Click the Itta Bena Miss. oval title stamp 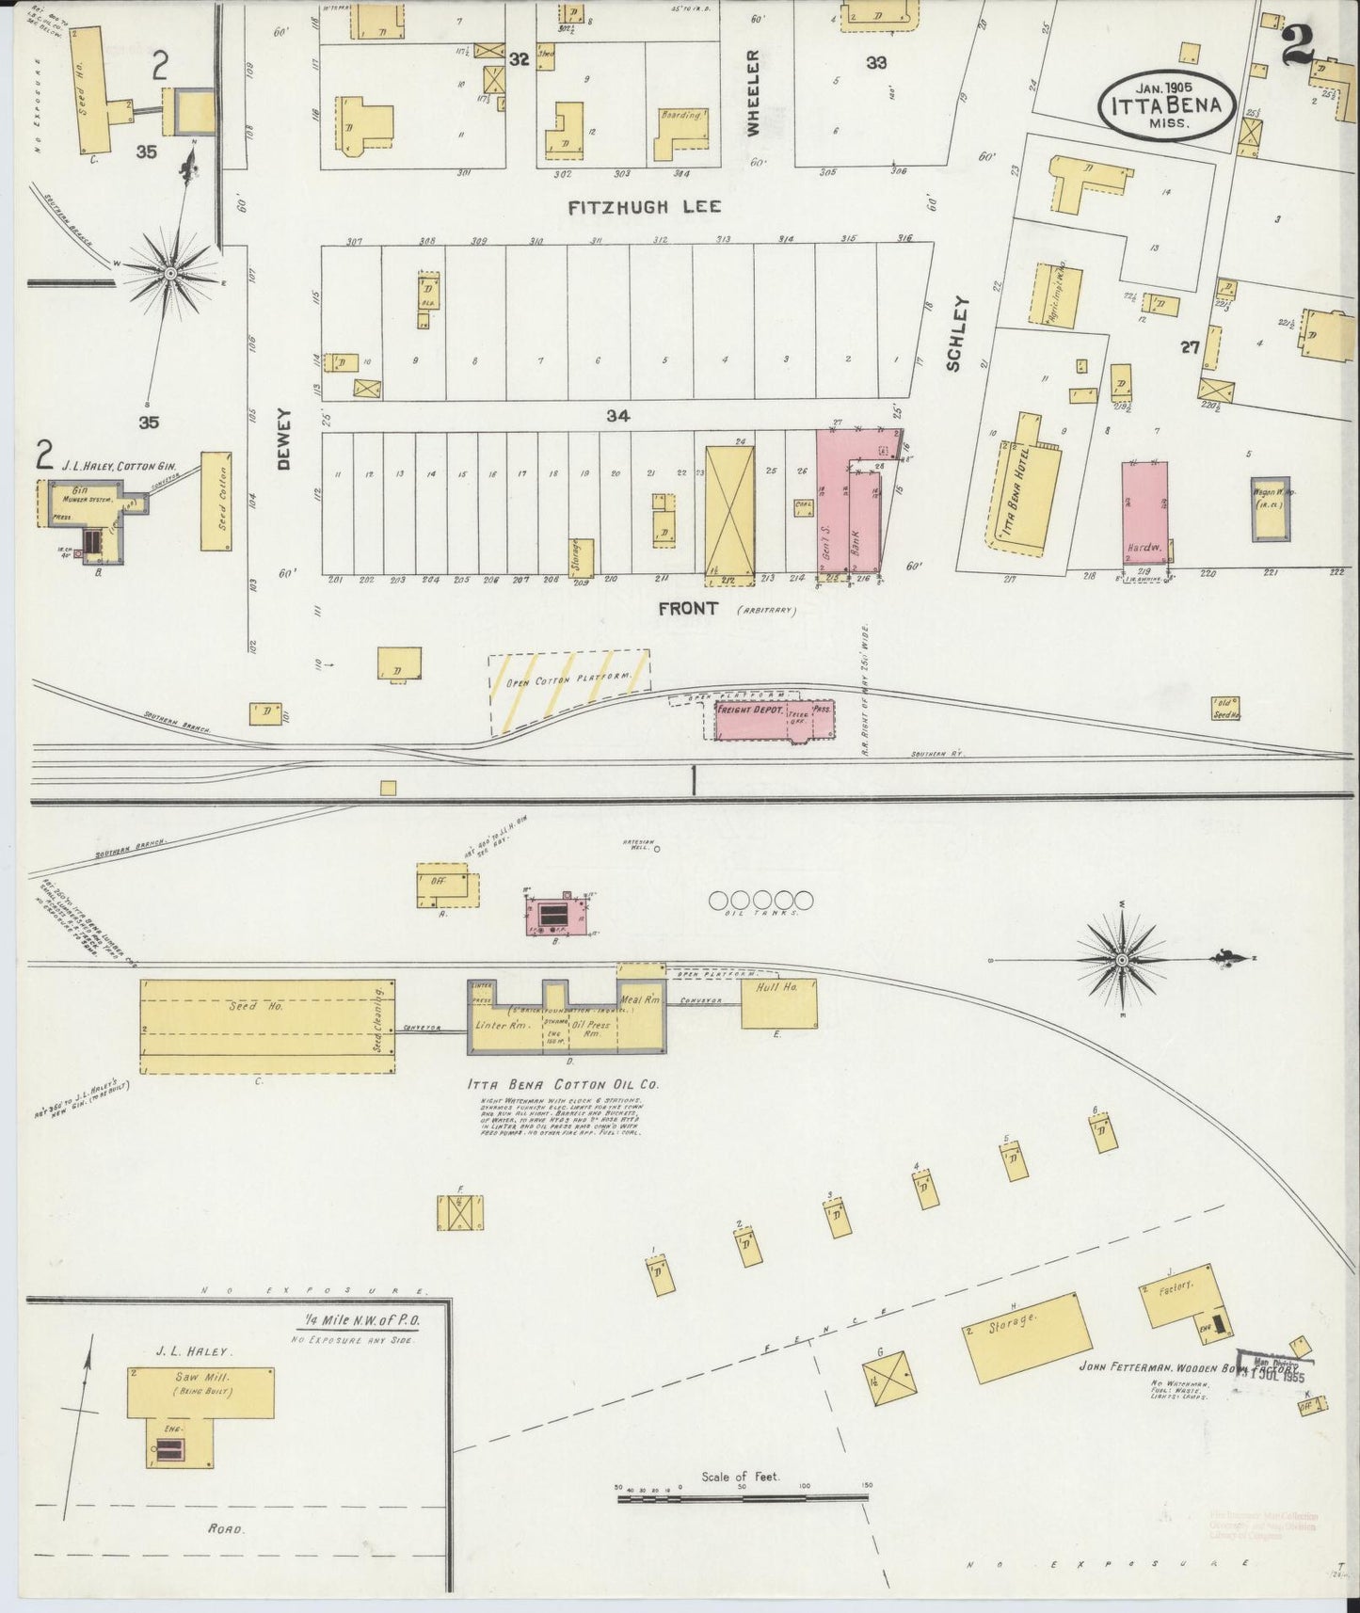coord(1165,105)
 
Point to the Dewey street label coord(286,439)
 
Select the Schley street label coord(958,333)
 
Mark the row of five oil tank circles coord(760,901)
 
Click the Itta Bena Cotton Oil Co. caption coord(563,1084)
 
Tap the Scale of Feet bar coord(744,1496)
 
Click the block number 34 coord(617,415)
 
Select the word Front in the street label coord(688,609)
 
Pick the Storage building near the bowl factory coord(1028,1336)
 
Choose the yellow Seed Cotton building coord(216,502)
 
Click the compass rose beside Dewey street coord(169,273)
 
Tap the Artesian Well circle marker coord(657,848)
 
